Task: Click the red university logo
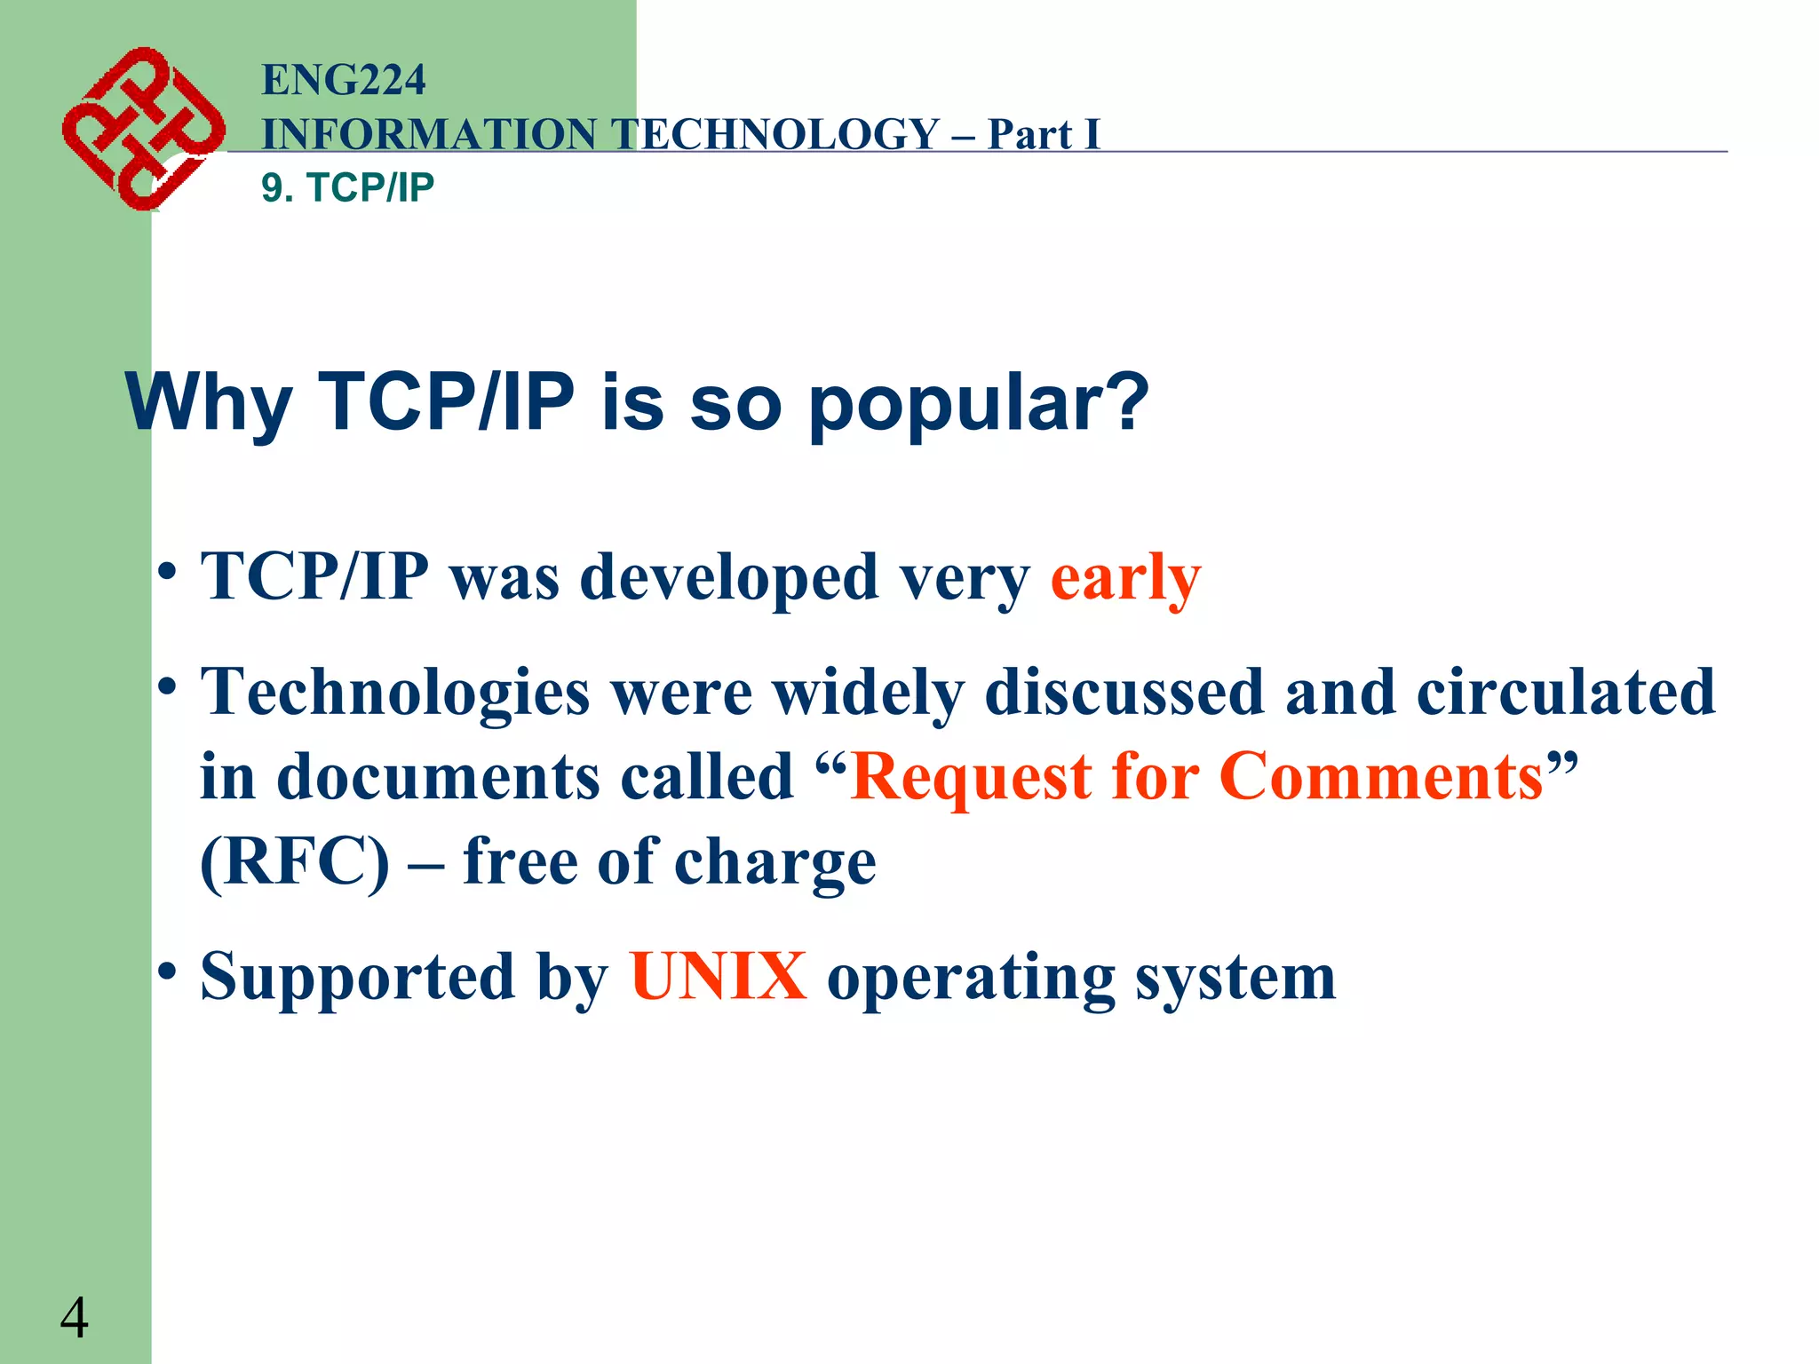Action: click(142, 129)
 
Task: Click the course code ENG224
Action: click(344, 80)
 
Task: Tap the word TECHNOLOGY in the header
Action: click(777, 135)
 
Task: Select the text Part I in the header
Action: click(1044, 135)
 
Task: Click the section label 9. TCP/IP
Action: click(347, 187)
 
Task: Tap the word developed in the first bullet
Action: click(728, 577)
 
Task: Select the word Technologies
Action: click(395, 693)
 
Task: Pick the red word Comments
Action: click(1381, 777)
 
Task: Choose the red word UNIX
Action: click(718, 977)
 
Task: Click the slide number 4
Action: click(75, 1318)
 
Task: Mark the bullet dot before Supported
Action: click(167, 971)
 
